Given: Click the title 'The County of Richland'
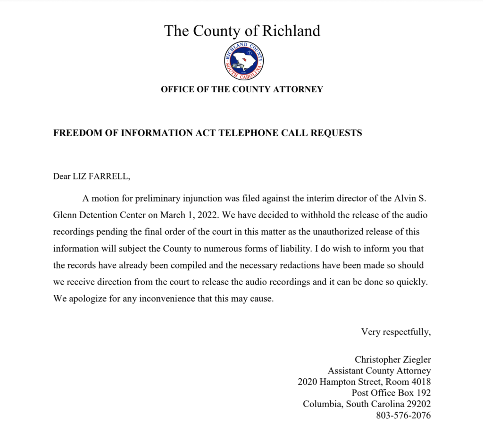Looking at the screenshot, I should [242, 31].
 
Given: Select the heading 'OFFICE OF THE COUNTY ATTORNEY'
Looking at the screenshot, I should [241, 89].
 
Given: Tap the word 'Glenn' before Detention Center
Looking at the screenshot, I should [66, 215].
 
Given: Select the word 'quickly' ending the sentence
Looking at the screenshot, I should [413, 282].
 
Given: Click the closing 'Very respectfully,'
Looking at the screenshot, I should [396, 332].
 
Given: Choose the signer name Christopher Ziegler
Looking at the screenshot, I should [392, 360].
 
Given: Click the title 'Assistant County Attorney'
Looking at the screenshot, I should [379, 371].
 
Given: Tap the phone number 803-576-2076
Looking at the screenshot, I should [403, 415].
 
